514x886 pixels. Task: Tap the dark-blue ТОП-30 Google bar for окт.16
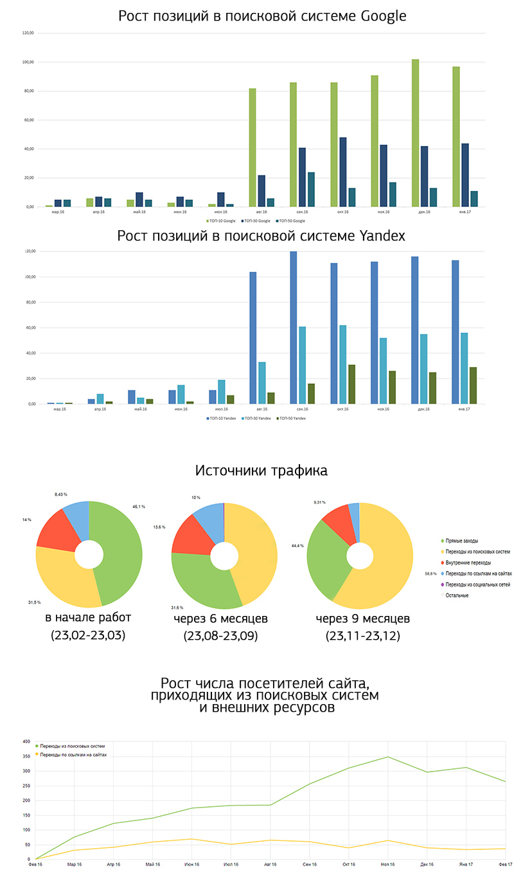click(x=343, y=172)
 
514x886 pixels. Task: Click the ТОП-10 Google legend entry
click(x=222, y=221)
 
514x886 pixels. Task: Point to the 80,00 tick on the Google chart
click(x=28, y=91)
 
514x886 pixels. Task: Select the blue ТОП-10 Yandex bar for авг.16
click(x=253, y=338)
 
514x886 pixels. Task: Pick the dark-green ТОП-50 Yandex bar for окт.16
click(x=352, y=384)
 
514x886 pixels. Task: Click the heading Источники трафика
click(x=261, y=471)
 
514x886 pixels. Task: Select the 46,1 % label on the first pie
click(x=139, y=507)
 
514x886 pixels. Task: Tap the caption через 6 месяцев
click(x=220, y=619)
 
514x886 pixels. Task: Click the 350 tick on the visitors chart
click(x=26, y=756)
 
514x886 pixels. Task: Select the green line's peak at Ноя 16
click(x=387, y=757)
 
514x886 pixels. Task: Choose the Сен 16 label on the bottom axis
click(x=310, y=865)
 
